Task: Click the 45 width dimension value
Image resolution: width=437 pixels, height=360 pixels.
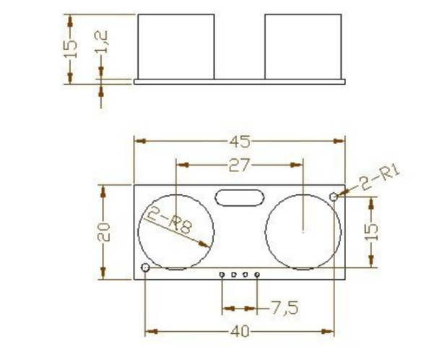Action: [240, 142]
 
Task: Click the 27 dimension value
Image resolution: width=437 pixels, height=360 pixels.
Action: [239, 166]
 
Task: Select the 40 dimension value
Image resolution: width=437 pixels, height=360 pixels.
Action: [240, 332]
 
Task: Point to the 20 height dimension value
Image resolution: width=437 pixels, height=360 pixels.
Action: [103, 232]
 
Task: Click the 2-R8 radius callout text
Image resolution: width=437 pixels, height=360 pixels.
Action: [170, 221]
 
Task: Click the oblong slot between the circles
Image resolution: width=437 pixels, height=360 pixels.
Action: [239, 197]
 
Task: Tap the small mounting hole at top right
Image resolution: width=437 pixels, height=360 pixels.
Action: [334, 197]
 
